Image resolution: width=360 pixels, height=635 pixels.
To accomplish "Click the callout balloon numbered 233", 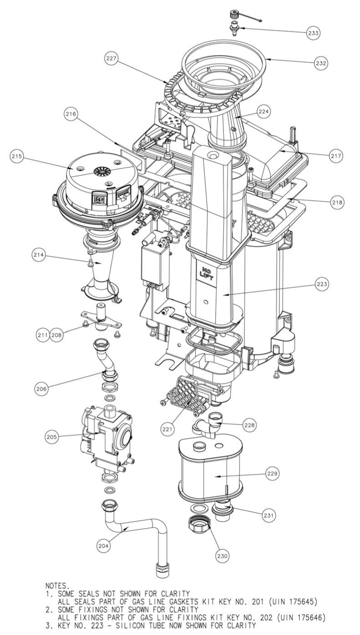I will [313, 33].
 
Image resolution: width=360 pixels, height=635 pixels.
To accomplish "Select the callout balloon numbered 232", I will [321, 63].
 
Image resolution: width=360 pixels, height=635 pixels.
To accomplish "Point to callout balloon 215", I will [17, 156].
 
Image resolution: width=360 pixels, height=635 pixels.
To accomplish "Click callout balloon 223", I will [322, 284].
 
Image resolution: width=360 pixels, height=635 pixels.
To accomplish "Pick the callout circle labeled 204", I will [104, 546].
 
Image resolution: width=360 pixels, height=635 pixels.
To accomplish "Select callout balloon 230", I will [223, 555].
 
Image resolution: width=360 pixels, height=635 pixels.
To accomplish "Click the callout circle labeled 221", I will [167, 428].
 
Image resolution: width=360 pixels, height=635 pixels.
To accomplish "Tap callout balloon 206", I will [42, 388].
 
